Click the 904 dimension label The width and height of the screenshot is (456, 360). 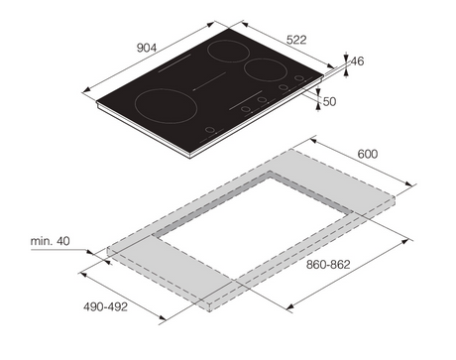pyautogui.click(x=147, y=48)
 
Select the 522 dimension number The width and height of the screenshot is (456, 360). pyautogui.click(x=296, y=40)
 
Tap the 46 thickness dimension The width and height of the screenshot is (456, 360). pyautogui.click(x=357, y=61)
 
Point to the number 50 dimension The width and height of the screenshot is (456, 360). pyautogui.click(x=329, y=101)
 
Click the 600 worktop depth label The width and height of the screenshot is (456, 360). pyautogui.click(x=368, y=154)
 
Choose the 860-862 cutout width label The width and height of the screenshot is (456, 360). pyautogui.click(x=328, y=265)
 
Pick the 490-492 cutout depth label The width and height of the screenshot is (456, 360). pyautogui.click(x=105, y=306)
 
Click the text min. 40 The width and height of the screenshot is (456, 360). pyautogui.click(x=51, y=241)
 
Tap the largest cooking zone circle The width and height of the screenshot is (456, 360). pyautogui.click(x=135, y=106)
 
